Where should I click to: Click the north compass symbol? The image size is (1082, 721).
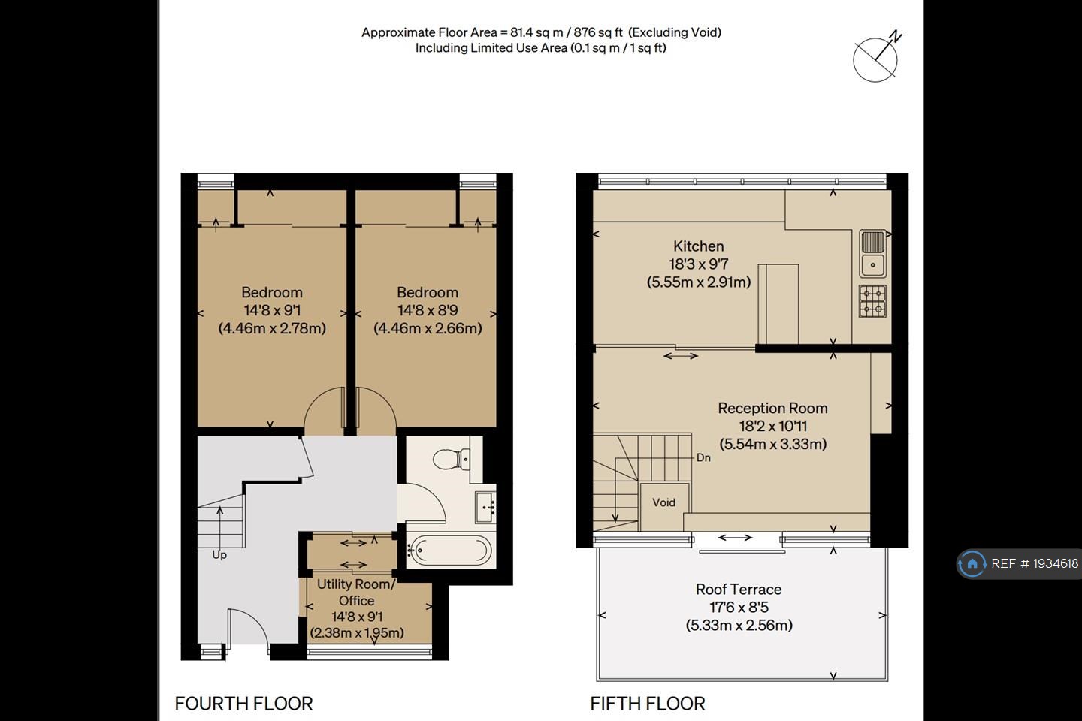(876, 58)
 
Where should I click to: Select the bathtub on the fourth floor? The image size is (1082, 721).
(449, 551)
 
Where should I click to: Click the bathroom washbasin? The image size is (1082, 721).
(485, 507)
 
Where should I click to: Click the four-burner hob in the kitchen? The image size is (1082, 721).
(872, 301)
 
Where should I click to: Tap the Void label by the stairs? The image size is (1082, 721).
(663, 502)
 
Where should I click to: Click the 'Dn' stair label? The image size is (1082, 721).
(703, 457)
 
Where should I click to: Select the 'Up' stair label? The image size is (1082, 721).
(219, 555)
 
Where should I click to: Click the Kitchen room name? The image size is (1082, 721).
(699, 246)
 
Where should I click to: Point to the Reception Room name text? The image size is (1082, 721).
(772, 408)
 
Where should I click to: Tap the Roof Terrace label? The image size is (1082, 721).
(739, 590)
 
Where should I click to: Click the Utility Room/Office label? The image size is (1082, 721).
(356, 592)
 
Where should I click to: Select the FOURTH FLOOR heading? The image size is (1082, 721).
(243, 704)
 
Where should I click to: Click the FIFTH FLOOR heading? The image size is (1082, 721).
(648, 704)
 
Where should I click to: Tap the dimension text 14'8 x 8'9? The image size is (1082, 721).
(428, 310)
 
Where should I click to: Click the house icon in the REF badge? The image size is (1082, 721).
(972, 563)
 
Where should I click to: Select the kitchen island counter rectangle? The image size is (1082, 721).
(778, 304)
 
